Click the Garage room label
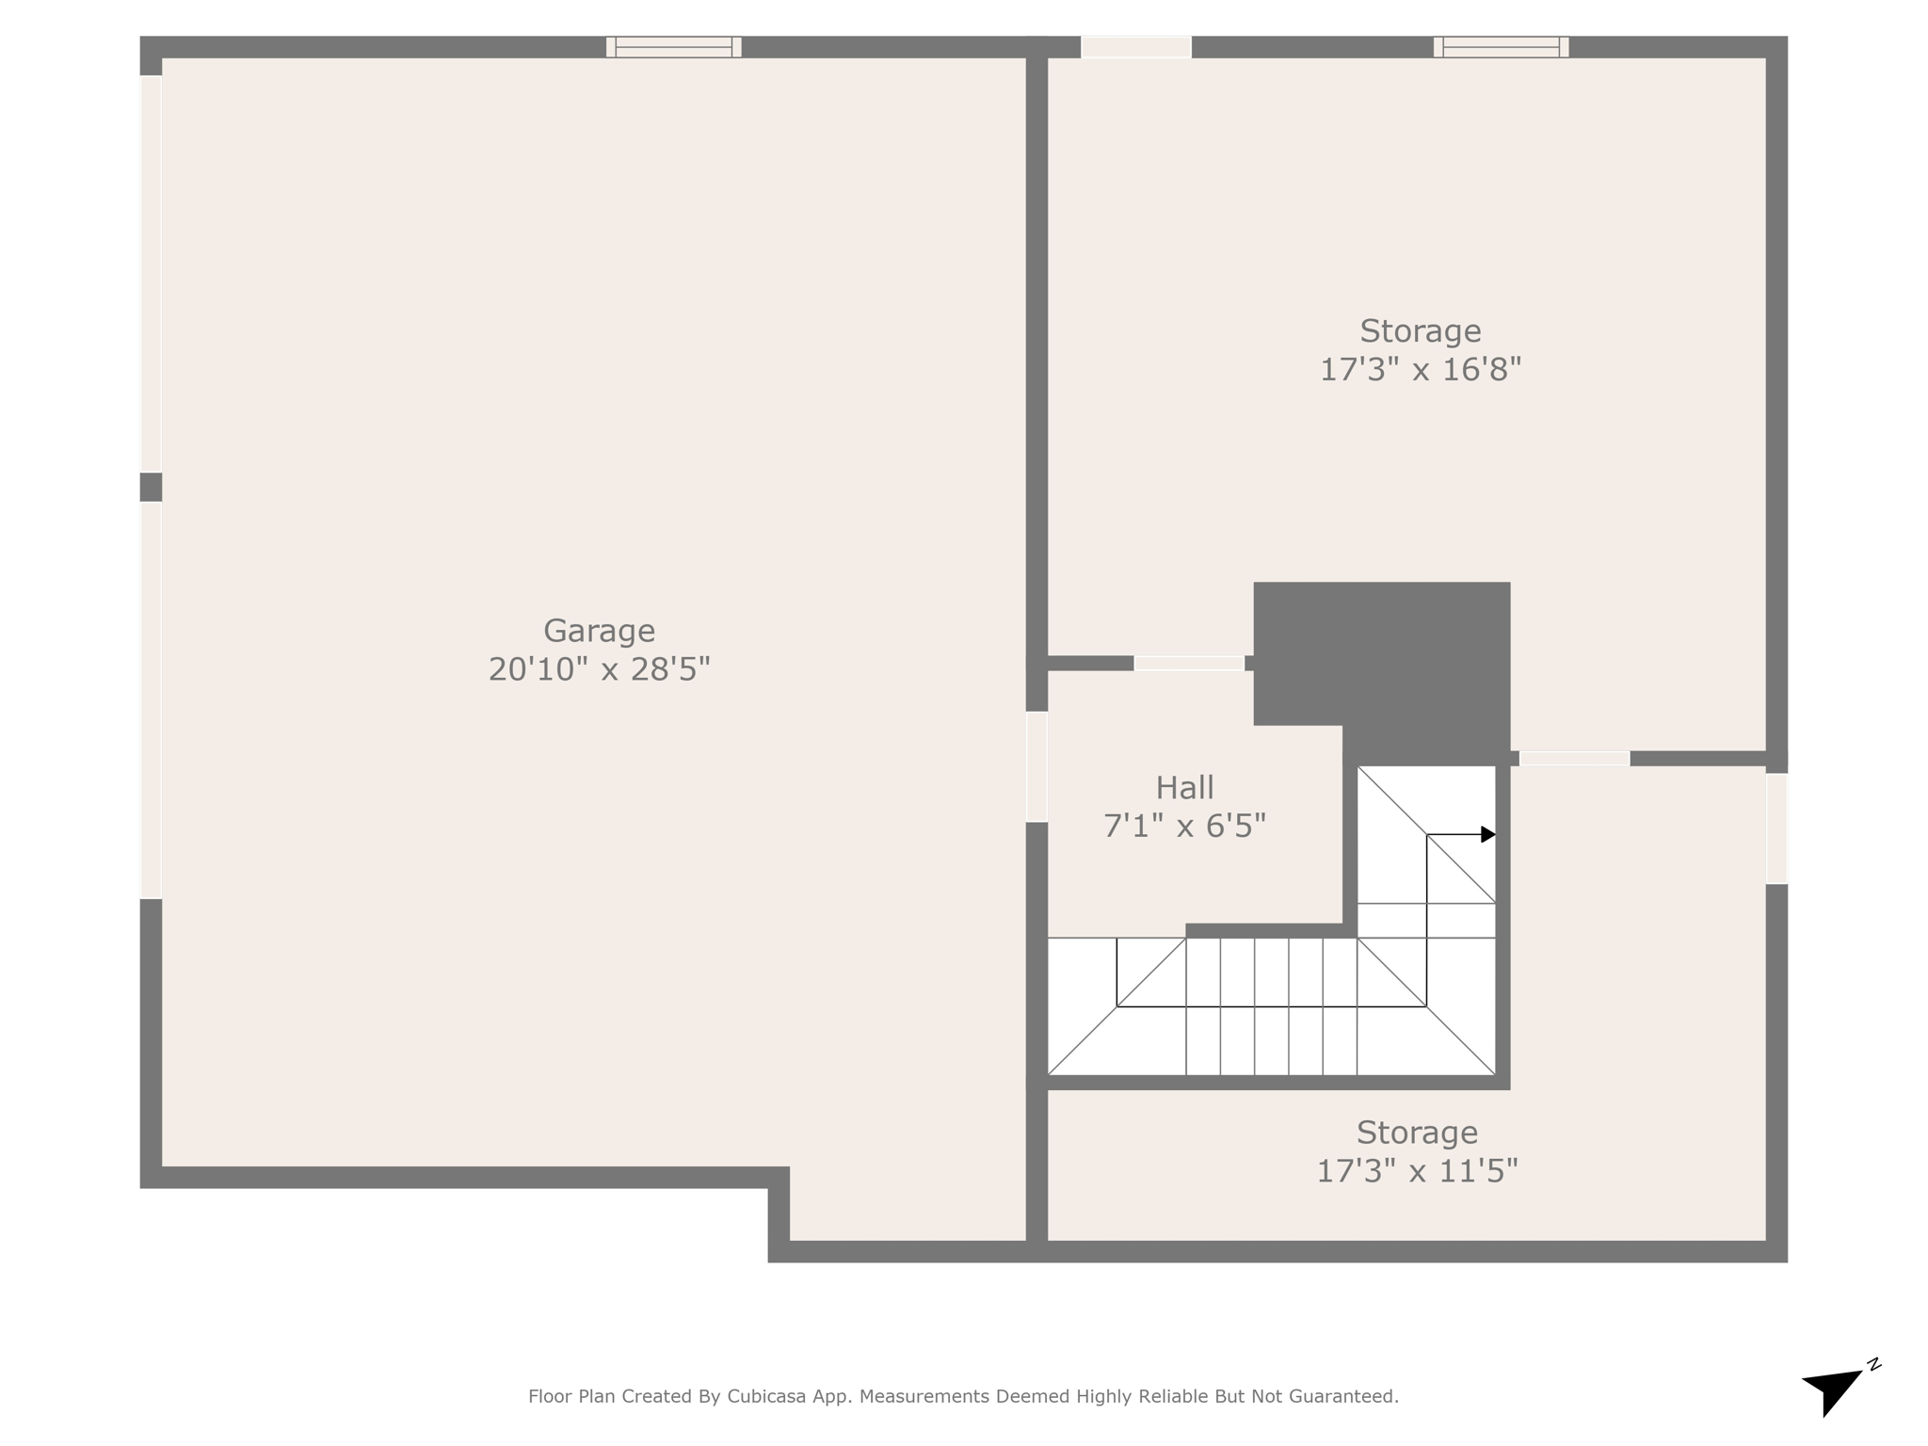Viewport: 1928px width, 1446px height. pyautogui.click(x=599, y=630)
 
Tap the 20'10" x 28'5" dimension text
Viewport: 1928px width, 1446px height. pyautogui.click(x=599, y=669)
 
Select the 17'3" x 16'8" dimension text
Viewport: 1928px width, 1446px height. pyautogui.click(x=1420, y=369)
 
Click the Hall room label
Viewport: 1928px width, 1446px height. pyautogui.click(x=1184, y=787)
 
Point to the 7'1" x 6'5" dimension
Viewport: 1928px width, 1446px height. pyautogui.click(x=1184, y=827)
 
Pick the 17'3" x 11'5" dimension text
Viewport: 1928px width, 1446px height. pyautogui.click(x=1417, y=1171)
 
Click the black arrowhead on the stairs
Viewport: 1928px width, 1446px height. pyautogui.click(x=1487, y=834)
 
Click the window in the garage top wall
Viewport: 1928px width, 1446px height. pyautogui.click(x=673, y=47)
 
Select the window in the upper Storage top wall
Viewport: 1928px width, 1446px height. pyautogui.click(x=1501, y=47)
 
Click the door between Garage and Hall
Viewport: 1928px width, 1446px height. pyautogui.click(x=1036, y=766)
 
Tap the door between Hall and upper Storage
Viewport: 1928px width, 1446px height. pyautogui.click(x=1189, y=664)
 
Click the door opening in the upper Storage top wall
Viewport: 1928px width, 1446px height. pyautogui.click(x=1136, y=47)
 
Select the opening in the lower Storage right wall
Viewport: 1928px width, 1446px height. pyautogui.click(x=1776, y=828)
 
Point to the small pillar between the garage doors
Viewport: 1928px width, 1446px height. pyautogui.click(x=151, y=487)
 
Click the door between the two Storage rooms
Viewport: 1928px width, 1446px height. pyautogui.click(x=1574, y=759)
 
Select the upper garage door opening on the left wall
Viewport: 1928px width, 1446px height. pyautogui.click(x=151, y=273)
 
